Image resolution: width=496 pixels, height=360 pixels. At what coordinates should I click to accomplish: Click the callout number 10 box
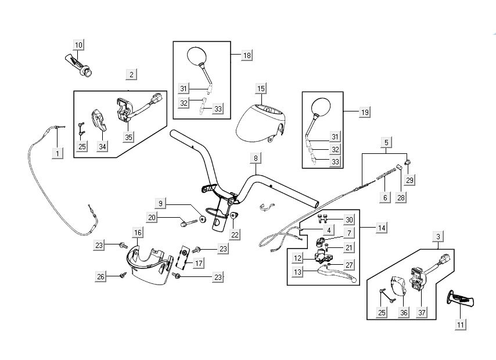point(78,45)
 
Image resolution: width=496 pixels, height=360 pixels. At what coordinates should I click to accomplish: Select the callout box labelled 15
point(261,88)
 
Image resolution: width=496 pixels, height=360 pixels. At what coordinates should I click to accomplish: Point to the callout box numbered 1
point(57,153)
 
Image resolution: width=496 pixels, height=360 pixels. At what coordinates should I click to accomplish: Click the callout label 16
point(138,233)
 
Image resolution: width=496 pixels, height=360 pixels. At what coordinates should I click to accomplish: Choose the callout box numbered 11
point(460,325)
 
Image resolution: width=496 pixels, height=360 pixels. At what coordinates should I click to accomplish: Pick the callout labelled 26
point(101,278)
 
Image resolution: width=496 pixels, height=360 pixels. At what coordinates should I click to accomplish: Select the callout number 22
point(233,234)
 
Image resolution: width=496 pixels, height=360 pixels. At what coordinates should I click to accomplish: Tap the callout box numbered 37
point(420,312)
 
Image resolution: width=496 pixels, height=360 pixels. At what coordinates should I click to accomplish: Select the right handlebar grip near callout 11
point(463,300)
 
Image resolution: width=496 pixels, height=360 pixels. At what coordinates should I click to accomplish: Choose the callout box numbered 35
point(128,138)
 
